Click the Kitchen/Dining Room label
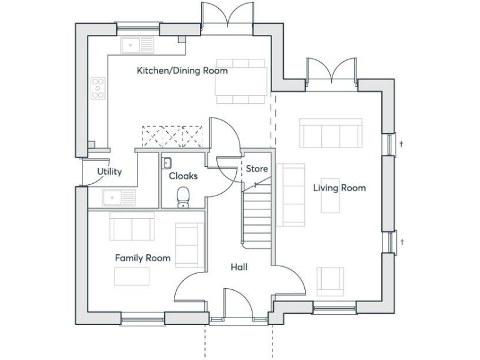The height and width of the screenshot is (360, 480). tap(182, 71)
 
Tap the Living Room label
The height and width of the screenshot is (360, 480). tap(339, 187)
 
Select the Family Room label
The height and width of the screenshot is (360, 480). tap(142, 257)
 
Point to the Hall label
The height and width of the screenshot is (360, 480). tap(239, 267)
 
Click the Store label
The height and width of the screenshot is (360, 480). tap(256, 169)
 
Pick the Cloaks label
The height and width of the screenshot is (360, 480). tap(183, 176)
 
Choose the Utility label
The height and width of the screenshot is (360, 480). tap(109, 172)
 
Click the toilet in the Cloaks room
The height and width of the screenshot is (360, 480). tap(184, 197)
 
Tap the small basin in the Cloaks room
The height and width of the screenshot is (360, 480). tap(167, 163)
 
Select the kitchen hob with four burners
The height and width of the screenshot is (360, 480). tap(98, 88)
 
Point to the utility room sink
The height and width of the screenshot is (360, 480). tap(119, 197)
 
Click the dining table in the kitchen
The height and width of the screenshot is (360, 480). tap(241, 81)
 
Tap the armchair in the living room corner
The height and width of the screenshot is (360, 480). tap(329, 281)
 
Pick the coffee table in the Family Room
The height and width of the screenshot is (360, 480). tap(131, 276)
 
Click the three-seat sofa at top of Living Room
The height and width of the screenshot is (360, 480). tap(330, 132)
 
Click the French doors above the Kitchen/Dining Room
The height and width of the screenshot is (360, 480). tap(227, 16)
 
